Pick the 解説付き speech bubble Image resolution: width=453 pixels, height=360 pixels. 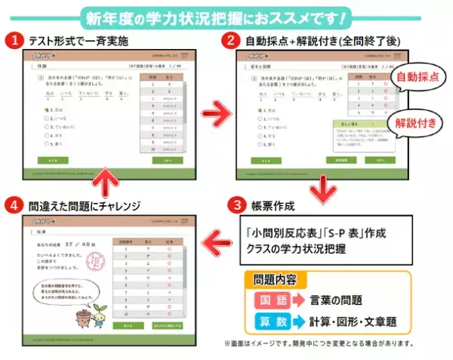click(414, 121)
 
